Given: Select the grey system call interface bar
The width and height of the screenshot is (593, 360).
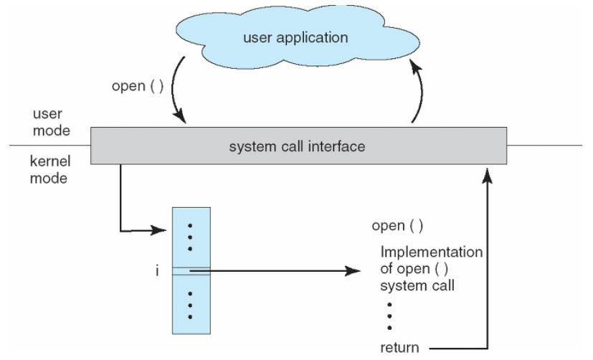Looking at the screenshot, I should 298,147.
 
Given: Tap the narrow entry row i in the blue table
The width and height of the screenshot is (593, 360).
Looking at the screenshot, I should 191,270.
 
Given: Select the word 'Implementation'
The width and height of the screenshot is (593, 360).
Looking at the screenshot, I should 432,252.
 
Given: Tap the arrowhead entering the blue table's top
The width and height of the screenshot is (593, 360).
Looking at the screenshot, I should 164,231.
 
